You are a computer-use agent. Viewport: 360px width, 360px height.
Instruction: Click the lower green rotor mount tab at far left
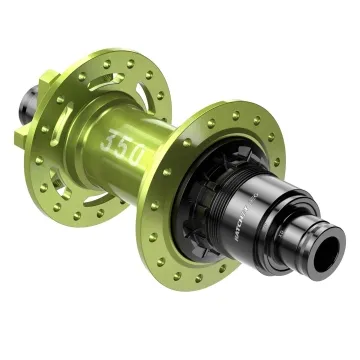click(25, 136)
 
